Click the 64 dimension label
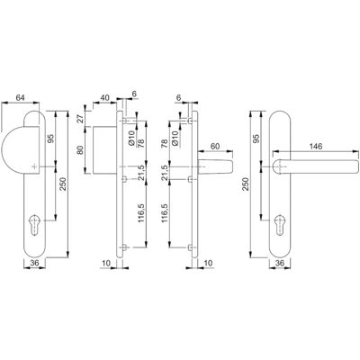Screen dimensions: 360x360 click(20, 97)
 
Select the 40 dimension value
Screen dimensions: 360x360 click(104, 97)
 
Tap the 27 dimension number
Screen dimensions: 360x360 click(81, 119)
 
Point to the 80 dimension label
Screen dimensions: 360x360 click(81, 150)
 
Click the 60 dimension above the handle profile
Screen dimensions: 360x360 click(214, 146)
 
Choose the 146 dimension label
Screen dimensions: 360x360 click(316, 146)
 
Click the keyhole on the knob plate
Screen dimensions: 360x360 click(35, 224)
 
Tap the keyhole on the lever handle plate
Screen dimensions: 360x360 click(280, 224)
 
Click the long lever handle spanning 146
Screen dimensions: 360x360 click(316, 166)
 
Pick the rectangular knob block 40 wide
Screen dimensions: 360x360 click(104, 150)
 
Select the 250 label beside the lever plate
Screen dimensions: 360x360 click(246, 184)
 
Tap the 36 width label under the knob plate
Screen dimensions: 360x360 click(35, 263)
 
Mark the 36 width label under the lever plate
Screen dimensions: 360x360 click(280, 263)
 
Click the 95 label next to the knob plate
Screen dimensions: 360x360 click(50, 139)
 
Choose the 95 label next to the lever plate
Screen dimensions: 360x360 click(256, 139)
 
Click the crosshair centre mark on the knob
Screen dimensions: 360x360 click(35, 166)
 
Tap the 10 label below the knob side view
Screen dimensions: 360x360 click(106, 263)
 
